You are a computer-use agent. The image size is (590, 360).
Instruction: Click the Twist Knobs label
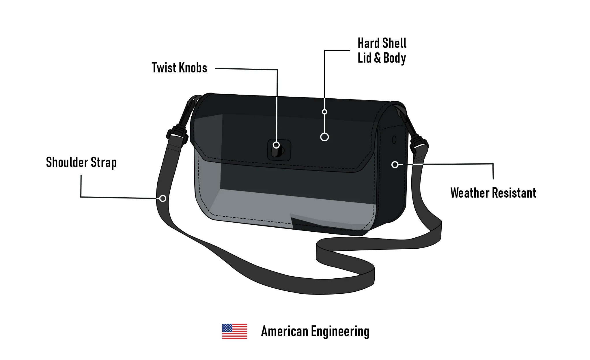coord(179,68)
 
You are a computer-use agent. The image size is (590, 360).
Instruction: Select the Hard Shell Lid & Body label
coord(382,51)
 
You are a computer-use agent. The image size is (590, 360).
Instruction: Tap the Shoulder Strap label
coord(81,162)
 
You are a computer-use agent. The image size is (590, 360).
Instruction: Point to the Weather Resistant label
coord(493,193)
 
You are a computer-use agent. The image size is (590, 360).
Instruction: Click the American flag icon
coord(234,331)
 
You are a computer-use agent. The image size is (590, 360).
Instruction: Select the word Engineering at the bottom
coord(340,331)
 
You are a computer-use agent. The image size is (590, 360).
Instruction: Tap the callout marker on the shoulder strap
coord(163,198)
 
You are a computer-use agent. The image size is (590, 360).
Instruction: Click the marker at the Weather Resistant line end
coord(395,165)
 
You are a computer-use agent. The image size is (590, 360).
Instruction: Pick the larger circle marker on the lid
coord(324,137)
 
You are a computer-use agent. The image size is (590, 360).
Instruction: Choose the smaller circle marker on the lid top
coord(324,112)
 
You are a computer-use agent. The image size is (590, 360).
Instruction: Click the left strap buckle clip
coord(177,135)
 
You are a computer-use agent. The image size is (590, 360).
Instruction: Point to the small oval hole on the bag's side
coord(394,140)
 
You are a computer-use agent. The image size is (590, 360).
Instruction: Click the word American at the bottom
coord(284,331)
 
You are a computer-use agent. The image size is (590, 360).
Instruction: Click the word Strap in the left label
coord(104,162)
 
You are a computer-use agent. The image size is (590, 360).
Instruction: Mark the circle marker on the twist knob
coord(276,145)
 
